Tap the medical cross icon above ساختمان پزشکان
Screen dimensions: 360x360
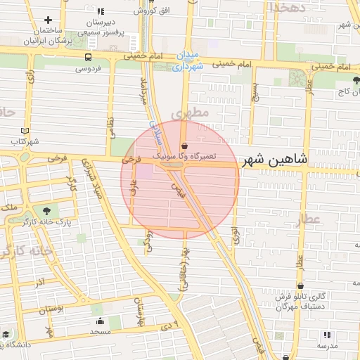pos(48,20)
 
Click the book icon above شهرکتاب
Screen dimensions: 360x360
pos(25,131)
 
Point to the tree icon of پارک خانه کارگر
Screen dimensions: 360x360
pos(47,210)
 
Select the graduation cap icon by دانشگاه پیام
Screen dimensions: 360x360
pos(6,334)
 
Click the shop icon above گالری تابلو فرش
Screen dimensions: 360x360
pos(302,286)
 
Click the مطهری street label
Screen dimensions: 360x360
pos(195,112)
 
